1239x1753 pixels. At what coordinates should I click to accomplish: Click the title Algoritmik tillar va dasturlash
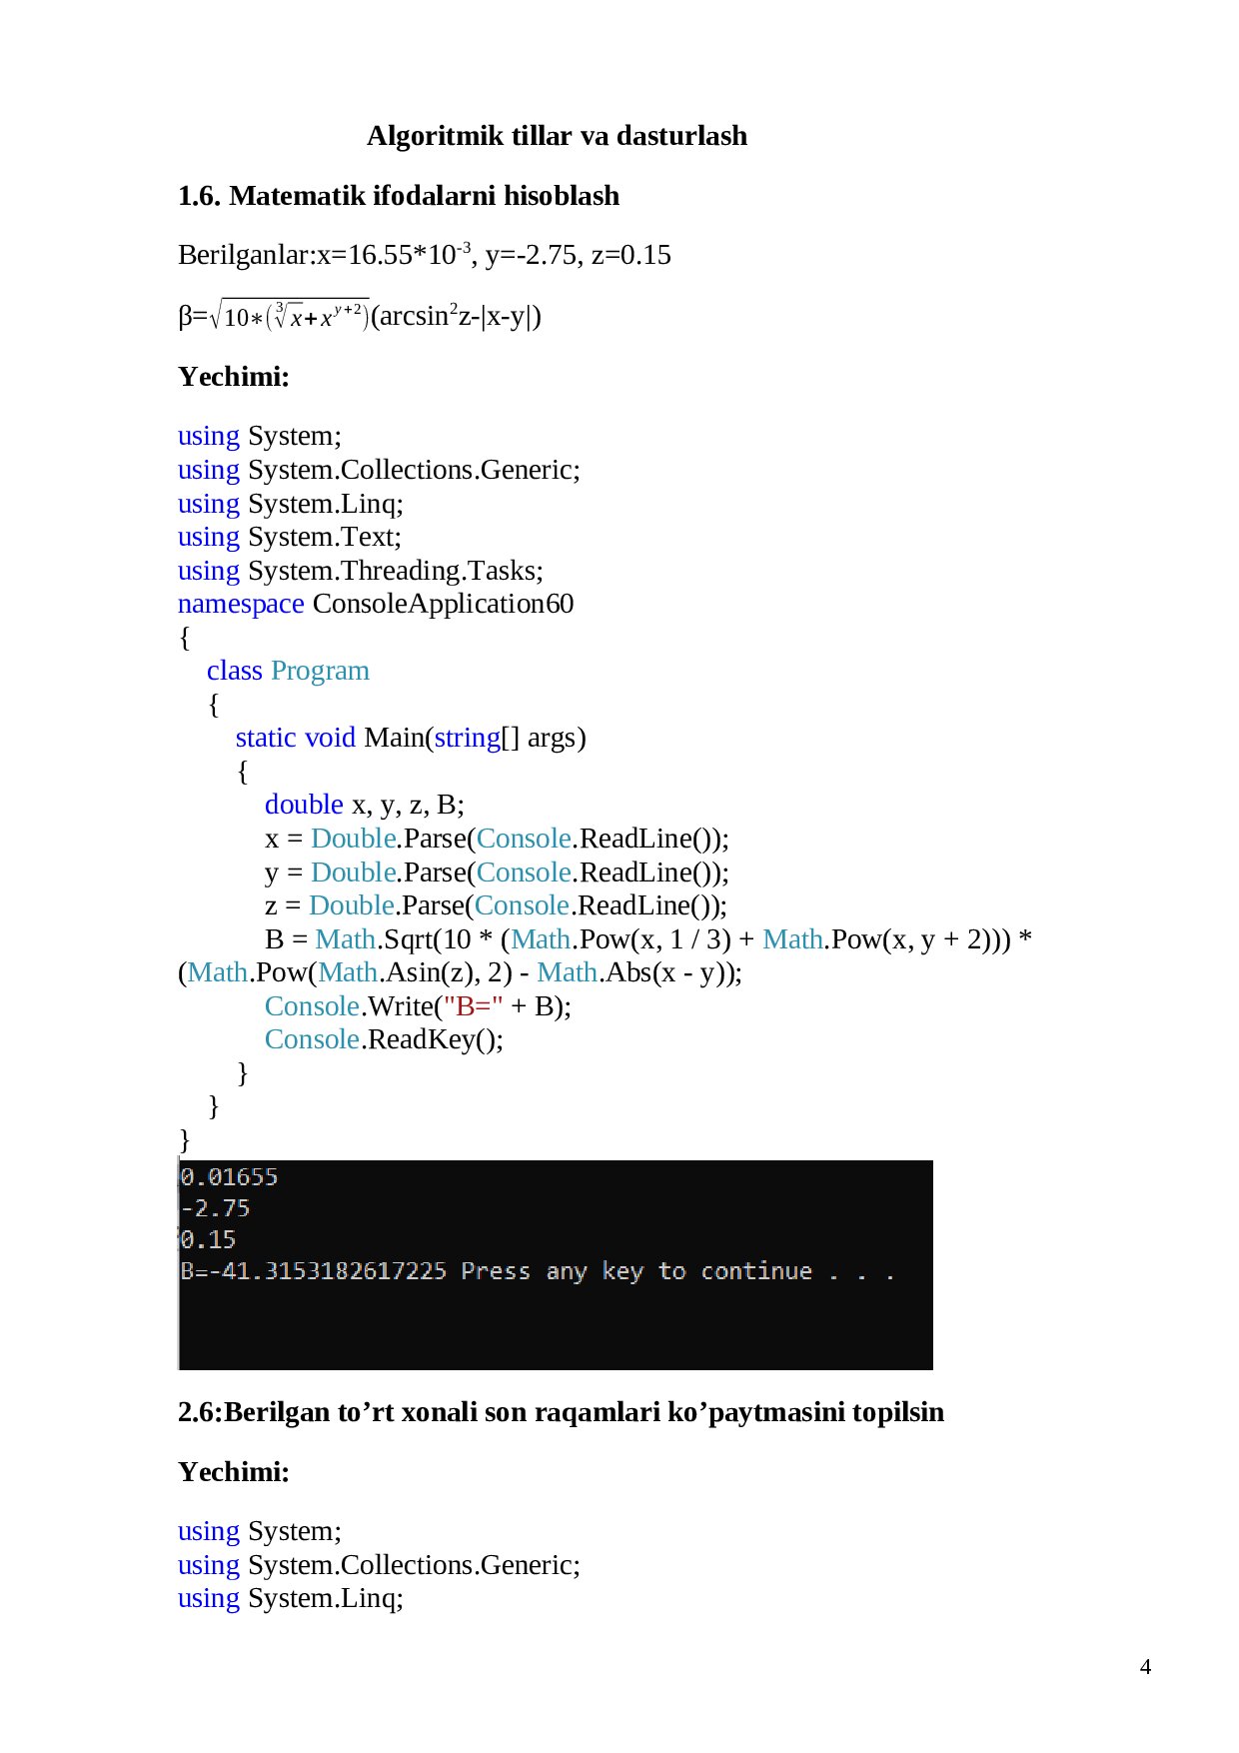point(557,136)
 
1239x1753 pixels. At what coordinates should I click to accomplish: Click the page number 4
point(1145,1666)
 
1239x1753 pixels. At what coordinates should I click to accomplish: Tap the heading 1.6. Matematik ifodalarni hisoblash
point(399,196)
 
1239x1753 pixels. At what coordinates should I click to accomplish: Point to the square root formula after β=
point(290,315)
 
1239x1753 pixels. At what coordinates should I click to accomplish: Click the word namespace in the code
point(241,605)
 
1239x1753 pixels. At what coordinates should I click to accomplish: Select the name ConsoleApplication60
point(443,605)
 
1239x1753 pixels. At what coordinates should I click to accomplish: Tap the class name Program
point(320,671)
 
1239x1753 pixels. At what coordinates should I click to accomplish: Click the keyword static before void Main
point(266,738)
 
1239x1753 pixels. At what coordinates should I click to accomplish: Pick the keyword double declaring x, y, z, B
point(304,805)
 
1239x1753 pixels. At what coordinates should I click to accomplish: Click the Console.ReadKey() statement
point(384,1040)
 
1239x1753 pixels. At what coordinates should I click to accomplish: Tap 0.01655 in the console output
point(229,1176)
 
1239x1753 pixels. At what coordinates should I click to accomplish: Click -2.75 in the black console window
point(215,1208)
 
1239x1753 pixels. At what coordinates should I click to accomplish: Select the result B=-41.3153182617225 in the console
point(314,1271)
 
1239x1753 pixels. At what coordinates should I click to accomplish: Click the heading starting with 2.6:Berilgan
point(561,1412)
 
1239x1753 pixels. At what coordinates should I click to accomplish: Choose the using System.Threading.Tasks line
point(361,571)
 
